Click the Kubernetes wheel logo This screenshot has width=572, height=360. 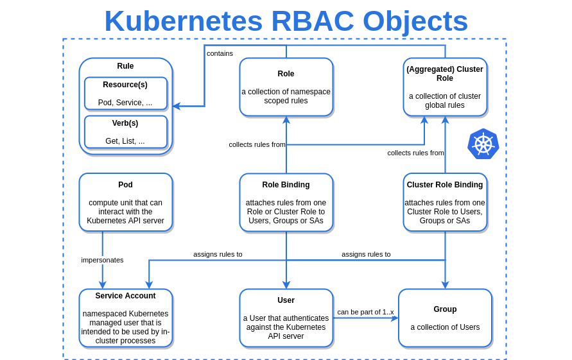coord(483,144)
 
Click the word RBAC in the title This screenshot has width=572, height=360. coord(312,21)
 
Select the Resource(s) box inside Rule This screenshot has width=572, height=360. coord(125,94)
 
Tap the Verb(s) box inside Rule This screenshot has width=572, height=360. coord(125,132)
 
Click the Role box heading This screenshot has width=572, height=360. coord(286,74)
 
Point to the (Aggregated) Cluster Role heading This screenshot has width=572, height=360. coord(444,74)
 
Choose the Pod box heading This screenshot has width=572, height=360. coord(125,185)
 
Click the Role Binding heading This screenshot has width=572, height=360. coord(286,185)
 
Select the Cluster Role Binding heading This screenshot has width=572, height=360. coord(444,185)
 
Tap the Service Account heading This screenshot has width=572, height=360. coord(125,296)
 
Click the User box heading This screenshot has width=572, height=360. coord(286,300)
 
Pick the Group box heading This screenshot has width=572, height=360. coord(444,309)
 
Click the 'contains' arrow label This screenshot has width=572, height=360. coord(220,53)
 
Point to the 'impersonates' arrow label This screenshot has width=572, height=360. coord(102,260)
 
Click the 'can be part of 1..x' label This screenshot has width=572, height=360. coord(365,312)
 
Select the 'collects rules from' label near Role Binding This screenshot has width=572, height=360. coord(257,144)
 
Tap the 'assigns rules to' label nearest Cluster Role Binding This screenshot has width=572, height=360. coord(366,254)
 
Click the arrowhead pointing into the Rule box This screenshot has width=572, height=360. coord(177,107)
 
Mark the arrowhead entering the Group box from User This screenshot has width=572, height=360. coord(394,318)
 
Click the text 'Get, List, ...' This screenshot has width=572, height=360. coord(125,141)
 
